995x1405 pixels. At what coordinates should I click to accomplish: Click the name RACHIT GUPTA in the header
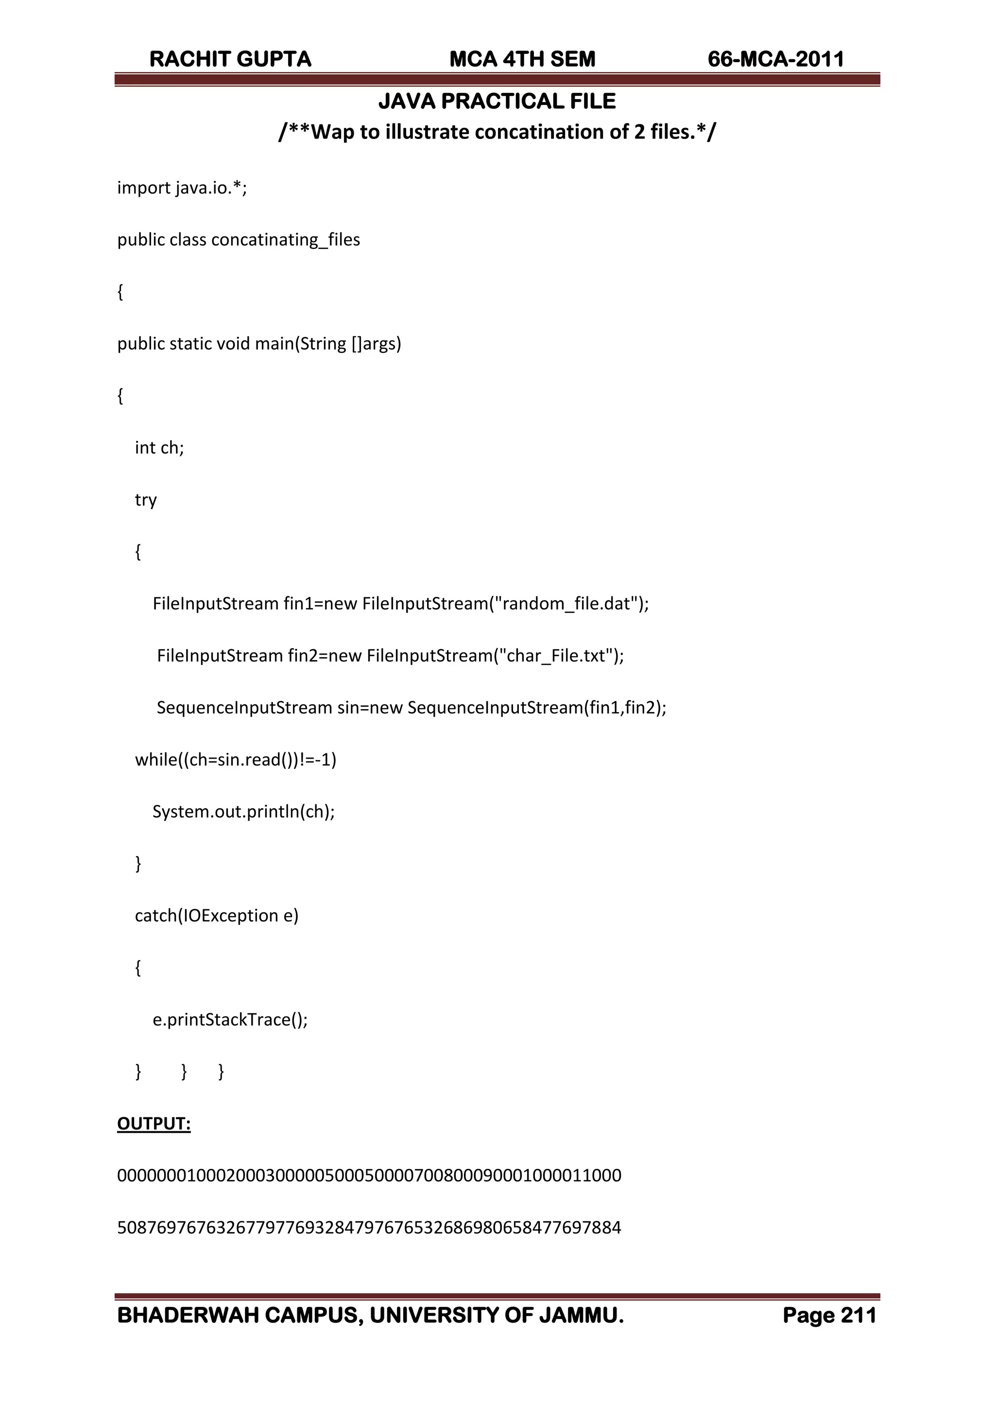[x=230, y=59]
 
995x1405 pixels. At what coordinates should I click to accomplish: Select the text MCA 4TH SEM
[x=522, y=59]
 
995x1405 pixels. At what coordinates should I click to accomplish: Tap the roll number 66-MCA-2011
[x=776, y=59]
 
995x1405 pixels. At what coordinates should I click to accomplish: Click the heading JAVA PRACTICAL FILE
[x=497, y=101]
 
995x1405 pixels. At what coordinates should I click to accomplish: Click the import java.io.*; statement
[x=182, y=188]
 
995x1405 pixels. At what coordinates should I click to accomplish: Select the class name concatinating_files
[x=286, y=240]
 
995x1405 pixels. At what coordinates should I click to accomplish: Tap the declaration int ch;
[x=159, y=448]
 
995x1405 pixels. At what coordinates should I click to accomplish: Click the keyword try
[x=146, y=500]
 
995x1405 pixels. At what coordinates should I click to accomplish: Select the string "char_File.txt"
[x=558, y=656]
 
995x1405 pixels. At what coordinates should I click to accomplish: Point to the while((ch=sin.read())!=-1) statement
[x=235, y=760]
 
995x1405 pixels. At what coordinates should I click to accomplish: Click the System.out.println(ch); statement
[x=243, y=812]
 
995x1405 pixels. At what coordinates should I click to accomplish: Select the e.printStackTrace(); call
[x=230, y=1020]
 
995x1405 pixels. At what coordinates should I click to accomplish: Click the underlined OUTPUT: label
[x=154, y=1124]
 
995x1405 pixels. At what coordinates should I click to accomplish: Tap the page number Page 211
[x=829, y=1316]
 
